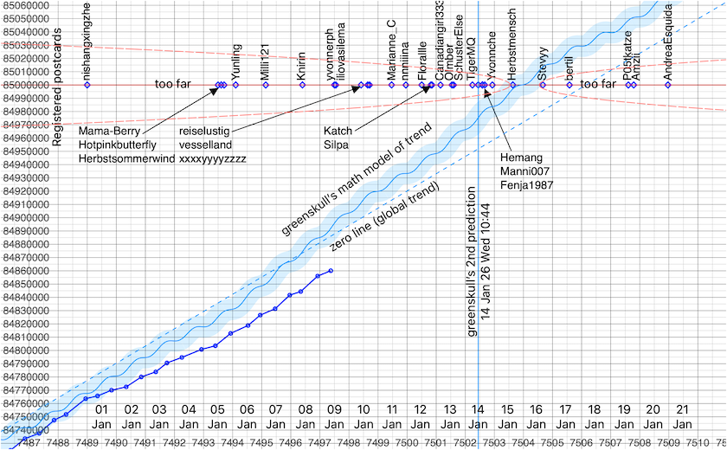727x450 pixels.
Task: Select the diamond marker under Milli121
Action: point(266,85)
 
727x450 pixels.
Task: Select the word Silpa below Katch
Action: point(336,145)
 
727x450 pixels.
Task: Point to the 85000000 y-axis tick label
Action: point(25,85)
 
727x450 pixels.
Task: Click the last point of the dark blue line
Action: point(331,271)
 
